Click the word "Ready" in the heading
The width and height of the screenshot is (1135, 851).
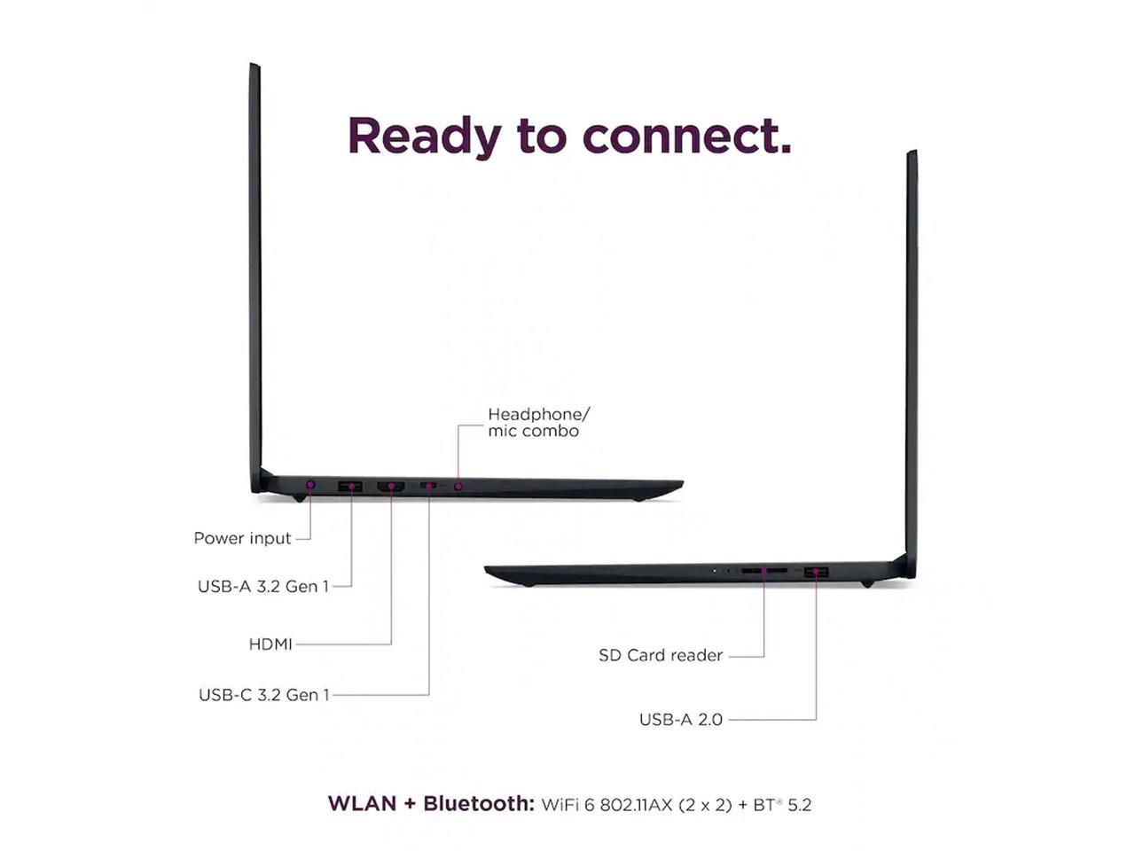pyautogui.click(x=424, y=137)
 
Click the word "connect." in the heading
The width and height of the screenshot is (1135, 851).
pyautogui.click(x=686, y=137)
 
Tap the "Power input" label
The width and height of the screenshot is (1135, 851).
pyautogui.click(x=242, y=538)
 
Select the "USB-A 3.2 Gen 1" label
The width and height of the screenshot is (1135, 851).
pyautogui.click(x=262, y=586)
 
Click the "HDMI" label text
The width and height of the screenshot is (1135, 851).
pyautogui.click(x=270, y=644)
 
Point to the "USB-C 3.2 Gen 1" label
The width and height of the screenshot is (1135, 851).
pyautogui.click(x=263, y=695)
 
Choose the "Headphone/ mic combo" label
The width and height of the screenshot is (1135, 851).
pyautogui.click(x=537, y=422)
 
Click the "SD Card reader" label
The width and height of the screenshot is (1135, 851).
pyautogui.click(x=661, y=656)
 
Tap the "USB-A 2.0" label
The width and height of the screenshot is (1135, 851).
pyautogui.click(x=680, y=720)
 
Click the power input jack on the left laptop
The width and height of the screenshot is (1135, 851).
pyautogui.click(x=310, y=485)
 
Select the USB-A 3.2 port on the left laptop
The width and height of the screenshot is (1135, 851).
pyautogui.click(x=350, y=486)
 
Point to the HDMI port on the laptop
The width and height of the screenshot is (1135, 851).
pyautogui.click(x=391, y=486)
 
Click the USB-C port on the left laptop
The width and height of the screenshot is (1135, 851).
pyautogui.click(x=429, y=486)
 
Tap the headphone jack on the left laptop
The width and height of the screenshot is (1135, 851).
pyautogui.click(x=458, y=486)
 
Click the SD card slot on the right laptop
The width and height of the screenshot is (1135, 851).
pyautogui.click(x=763, y=571)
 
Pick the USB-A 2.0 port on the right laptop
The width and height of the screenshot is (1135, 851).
pyautogui.click(x=816, y=573)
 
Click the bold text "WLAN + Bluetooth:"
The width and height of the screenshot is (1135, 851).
pyautogui.click(x=431, y=804)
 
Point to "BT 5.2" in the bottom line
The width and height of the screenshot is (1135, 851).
pyautogui.click(x=781, y=805)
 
